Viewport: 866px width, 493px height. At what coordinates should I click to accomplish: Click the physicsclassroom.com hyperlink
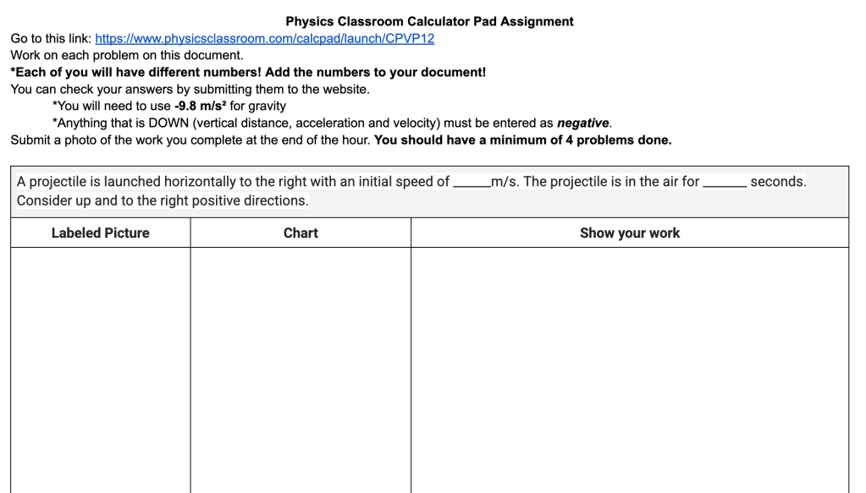point(264,38)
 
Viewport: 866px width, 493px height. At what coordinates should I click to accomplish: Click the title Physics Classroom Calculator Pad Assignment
point(429,21)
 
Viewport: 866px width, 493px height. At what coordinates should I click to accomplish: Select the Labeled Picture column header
point(100,233)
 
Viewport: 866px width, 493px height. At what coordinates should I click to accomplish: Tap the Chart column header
point(301,233)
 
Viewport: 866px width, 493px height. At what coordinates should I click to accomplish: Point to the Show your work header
point(629,233)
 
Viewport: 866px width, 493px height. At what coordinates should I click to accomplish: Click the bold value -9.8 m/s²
point(200,106)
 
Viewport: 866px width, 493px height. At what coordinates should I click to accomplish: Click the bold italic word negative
point(582,123)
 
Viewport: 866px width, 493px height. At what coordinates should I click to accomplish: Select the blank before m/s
point(471,182)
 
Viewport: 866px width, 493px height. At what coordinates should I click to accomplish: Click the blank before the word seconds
point(724,182)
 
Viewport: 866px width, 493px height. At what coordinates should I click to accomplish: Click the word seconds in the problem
point(777,182)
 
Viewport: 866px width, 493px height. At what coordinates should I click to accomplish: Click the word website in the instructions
point(346,89)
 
